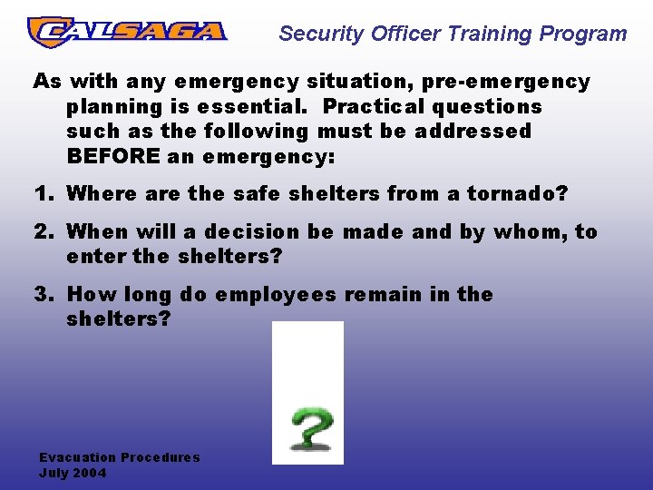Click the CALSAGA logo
tap(127, 32)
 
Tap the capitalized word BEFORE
tap(114, 155)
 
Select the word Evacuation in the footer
tap(78, 457)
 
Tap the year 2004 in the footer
tap(90, 473)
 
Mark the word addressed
tap(472, 131)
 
